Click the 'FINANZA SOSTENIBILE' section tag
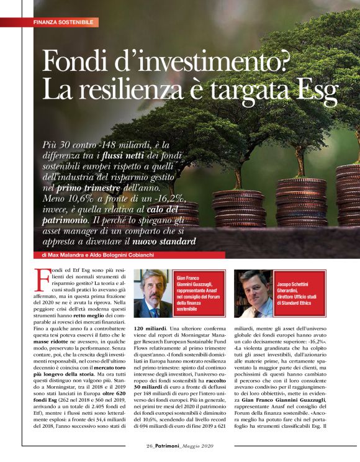(x=65, y=22)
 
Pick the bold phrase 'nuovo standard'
(x=165, y=242)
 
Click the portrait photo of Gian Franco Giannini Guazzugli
(x=154, y=294)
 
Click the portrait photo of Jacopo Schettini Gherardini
(x=254, y=294)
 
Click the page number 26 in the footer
(x=132, y=446)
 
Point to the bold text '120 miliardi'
(x=151, y=328)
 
